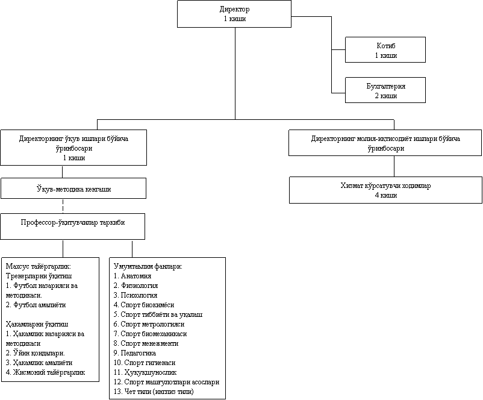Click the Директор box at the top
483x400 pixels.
pos(234,14)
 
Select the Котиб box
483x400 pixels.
pos(385,50)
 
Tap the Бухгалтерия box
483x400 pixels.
pos(385,90)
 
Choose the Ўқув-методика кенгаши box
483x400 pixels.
pos(73,189)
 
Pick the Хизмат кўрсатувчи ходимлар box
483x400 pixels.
pos(385,190)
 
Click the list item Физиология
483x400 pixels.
pos(136,286)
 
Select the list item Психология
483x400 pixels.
pos(136,295)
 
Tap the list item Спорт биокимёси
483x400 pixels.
pos(143,305)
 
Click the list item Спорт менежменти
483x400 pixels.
pos(147,343)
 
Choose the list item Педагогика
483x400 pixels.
pos(135,353)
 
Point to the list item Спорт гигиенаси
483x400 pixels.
pos(145,363)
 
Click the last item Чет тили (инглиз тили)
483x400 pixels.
pos(154,392)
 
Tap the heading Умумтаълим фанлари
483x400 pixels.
pos(148,266)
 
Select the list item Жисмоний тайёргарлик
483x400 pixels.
pos(43,372)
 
